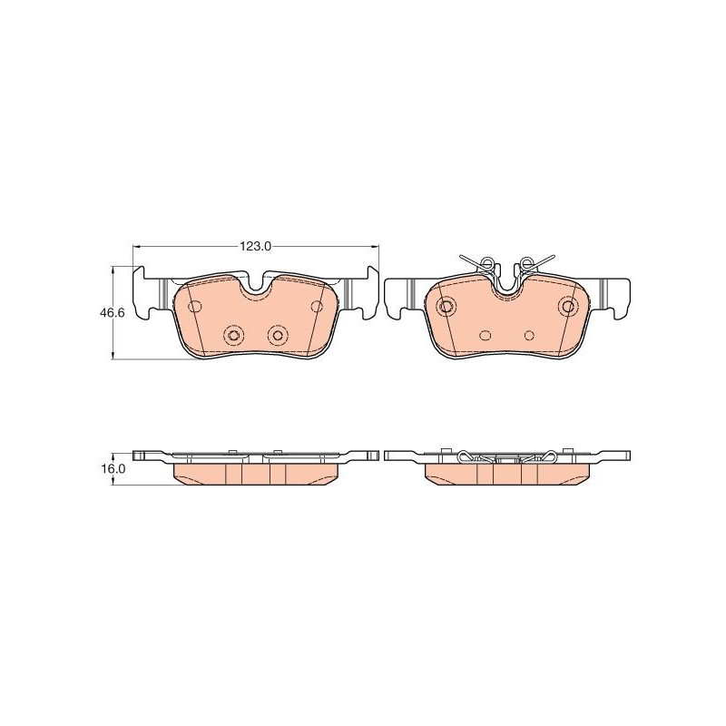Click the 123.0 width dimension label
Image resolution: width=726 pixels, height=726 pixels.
(x=255, y=247)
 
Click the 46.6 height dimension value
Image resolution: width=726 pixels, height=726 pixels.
(x=112, y=313)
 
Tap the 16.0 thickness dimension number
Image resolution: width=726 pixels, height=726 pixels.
(x=113, y=468)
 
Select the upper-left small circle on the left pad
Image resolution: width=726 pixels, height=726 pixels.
(x=195, y=306)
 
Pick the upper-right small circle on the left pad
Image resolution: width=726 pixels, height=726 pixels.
(x=317, y=306)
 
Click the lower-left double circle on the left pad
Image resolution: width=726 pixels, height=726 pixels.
(x=233, y=335)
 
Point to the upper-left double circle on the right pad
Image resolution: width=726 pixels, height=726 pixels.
(x=446, y=306)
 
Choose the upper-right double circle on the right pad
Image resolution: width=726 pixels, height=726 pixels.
(x=568, y=306)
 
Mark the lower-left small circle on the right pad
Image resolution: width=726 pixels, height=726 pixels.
(x=486, y=335)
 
